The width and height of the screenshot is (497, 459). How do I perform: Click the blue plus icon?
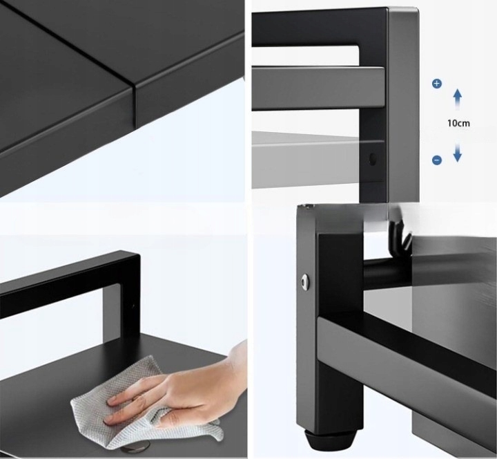(437, 84)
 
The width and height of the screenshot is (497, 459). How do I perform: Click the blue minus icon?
(437, 160)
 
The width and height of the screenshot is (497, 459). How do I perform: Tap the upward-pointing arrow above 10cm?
(457, 100)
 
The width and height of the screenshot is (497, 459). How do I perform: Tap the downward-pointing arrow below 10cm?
(457, 153)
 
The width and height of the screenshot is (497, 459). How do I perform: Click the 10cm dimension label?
(458, 123)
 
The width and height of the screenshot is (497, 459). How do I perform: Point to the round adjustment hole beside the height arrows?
(373, 159)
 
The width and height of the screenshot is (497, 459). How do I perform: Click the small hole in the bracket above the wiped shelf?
(133, 306)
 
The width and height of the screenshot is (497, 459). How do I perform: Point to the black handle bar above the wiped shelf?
(70, 285)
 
